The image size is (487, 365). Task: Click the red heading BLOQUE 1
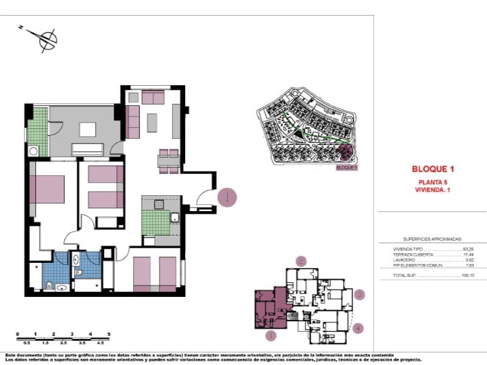point(433,169)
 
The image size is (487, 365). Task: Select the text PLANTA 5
point(433,182)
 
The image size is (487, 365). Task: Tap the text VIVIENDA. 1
point(433,190)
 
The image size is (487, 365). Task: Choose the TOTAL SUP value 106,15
point(468,276)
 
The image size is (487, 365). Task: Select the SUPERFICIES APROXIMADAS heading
point(432,239)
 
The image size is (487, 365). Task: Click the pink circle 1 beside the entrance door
point(226,197)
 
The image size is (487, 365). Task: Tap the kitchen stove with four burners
point(159,204)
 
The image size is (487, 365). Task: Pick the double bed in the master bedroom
point(47,189)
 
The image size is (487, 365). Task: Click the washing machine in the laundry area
point(34,151)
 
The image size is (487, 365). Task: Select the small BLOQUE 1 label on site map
point(346,167)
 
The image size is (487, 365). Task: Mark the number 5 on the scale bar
point(109,334)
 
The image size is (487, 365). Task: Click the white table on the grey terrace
point(88,129)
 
